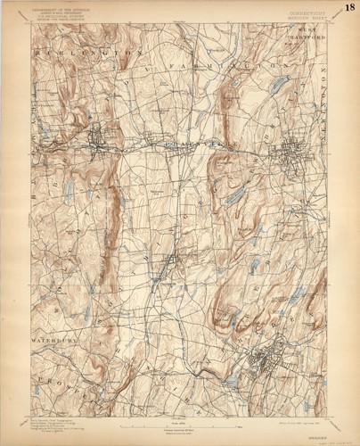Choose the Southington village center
tap(168, 263)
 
